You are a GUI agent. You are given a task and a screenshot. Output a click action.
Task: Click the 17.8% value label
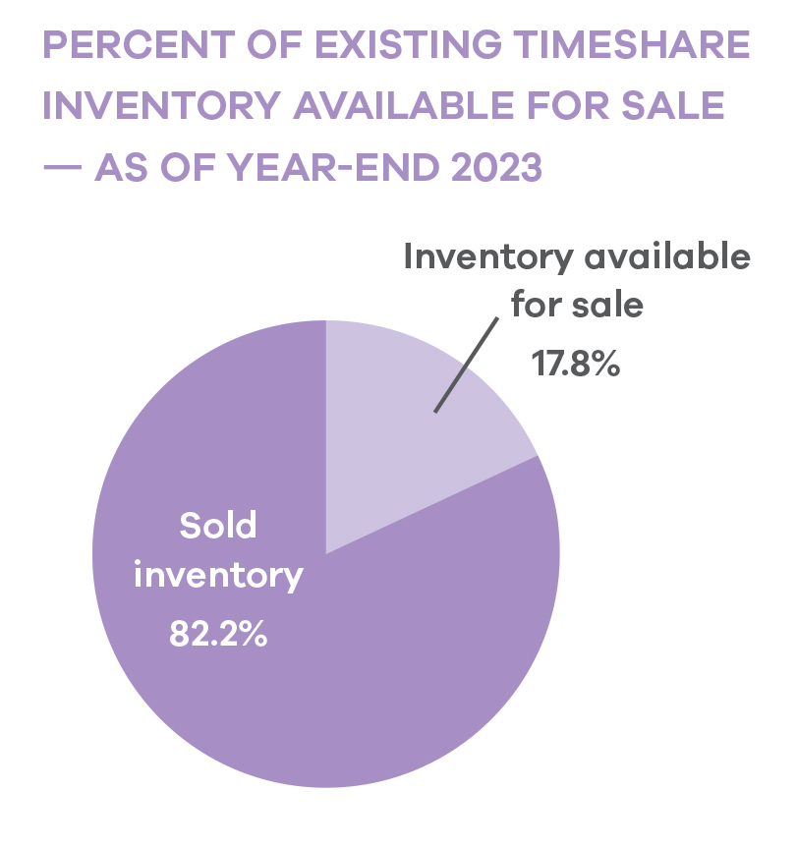click(575, 365)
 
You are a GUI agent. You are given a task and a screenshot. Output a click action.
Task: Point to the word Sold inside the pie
click(217, 526)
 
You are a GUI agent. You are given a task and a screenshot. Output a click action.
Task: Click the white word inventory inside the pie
click(218, 577)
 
